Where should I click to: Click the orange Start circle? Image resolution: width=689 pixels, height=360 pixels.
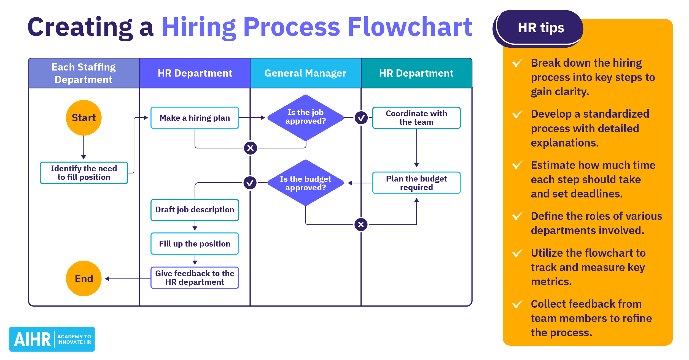[84, 118]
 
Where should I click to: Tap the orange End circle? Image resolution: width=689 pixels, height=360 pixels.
[84, 278]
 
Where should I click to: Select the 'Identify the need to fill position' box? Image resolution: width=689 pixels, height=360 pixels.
[84, 173]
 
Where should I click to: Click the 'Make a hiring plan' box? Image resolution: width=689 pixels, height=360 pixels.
[195, 118]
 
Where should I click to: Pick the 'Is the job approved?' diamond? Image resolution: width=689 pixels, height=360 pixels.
[305, 117]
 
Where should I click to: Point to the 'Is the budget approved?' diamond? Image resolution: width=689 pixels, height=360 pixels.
[305, 183]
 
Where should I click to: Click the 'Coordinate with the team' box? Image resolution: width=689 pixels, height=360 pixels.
[416, 118]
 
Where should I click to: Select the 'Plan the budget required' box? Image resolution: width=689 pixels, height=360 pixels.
[416, 183]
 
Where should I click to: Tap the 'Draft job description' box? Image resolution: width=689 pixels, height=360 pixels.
[195, 210]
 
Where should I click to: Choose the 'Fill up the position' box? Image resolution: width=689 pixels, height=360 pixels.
[195, 244]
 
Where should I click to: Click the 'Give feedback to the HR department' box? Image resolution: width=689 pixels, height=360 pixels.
[195, 278]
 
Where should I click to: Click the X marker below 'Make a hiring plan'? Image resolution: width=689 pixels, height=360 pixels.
[250, 148]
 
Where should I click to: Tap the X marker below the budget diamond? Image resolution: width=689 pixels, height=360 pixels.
[361, 224]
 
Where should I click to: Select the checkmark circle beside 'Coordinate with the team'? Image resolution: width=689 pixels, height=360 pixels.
[361, 118]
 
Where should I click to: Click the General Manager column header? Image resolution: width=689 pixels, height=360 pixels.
[305, 73]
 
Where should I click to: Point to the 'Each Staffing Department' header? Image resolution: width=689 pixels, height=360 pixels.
[84, 73]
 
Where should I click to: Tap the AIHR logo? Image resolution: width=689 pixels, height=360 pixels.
[52, 339]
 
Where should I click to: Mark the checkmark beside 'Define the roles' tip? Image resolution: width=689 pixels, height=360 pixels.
[518, 216]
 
